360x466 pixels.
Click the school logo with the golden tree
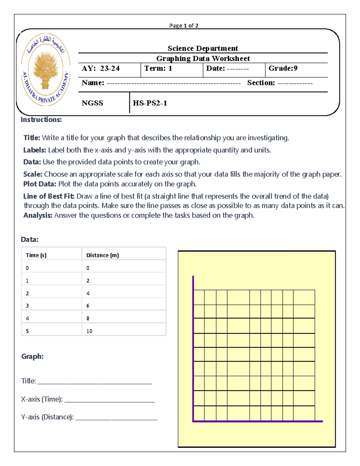(x=46, y=70)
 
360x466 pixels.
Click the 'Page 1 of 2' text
(x=184, y=26)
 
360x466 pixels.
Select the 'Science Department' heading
(x=202, y=48)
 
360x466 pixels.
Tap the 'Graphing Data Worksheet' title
(x=203, y=59)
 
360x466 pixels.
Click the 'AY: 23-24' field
(x=100, y=68)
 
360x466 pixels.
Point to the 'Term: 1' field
(x=158, y=68)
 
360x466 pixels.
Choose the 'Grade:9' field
(x=283, y=68)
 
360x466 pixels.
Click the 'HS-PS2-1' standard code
(x=150, y=103)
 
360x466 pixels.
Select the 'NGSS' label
(x=92, y=103)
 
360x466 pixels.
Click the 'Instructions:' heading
(x=41, y=120)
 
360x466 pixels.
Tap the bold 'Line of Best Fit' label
(x=49, y=196)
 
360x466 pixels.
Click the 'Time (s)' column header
(x=36, y=255)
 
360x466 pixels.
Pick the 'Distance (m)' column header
(x=103, y=255)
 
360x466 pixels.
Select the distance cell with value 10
(x=89, y=331)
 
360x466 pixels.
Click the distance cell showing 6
(x=88, y=306)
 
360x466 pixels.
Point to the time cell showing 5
(x=27, y=331)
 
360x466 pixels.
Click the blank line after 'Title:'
(x=95, y=383)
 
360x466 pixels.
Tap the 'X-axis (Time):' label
(x=42, y=399)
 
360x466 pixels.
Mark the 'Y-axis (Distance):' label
(x=47, y=417)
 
